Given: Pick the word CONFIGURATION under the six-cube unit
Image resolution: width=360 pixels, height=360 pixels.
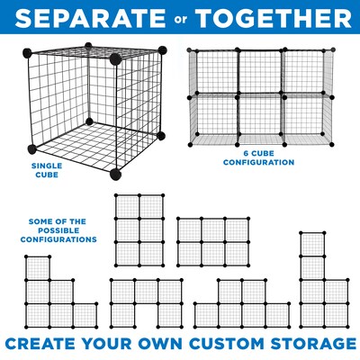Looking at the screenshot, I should pyautogui.click(x=262, y=164).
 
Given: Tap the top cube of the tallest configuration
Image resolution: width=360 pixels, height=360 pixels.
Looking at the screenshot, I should pyautogui.click(x=311, y=244).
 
